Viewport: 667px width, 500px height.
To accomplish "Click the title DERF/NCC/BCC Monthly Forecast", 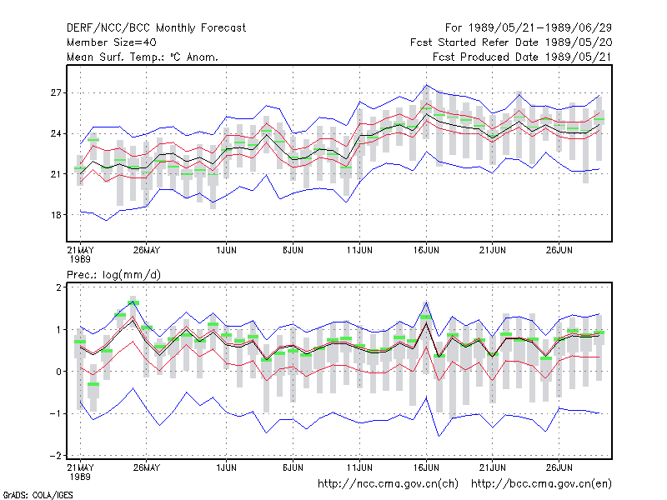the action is (x=156, y=28).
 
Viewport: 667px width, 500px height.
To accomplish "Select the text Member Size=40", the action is (x=112, y=42).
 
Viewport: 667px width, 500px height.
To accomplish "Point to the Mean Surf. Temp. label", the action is (x=115, y=57).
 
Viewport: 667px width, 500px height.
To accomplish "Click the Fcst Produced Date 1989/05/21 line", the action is (x=523, y=57).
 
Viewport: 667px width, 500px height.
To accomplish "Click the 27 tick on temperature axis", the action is (x=56, y=92).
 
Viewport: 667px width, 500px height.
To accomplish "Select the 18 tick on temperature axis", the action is (x=56, y=215).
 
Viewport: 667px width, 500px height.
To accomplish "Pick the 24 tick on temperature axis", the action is (x=56, y=133).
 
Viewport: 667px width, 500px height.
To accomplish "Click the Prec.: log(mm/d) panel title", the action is (x=113, y=275).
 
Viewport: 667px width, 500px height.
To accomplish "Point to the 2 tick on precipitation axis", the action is (x=58, y=287).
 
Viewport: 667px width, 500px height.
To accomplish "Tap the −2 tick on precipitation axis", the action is (x=56, y=455).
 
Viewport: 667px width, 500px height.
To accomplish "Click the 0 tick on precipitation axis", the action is (x=58, y=372).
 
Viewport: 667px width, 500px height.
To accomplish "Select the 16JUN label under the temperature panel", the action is (x=426, y=250).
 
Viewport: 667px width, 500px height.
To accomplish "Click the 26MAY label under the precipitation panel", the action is (x=147, y=467).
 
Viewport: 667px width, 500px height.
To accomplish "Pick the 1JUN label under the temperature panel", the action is (x=226, y=250).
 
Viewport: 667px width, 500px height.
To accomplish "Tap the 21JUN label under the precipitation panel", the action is (x=493, y=467).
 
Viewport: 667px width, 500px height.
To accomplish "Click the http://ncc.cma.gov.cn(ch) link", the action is (x=388, y=484).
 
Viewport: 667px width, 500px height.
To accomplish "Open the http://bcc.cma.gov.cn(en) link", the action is (x=541, y=484).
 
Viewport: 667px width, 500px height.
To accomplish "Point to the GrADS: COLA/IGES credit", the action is (x=38, y=495).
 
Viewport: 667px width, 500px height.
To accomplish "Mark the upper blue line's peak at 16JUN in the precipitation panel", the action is (x=426, y=302).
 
